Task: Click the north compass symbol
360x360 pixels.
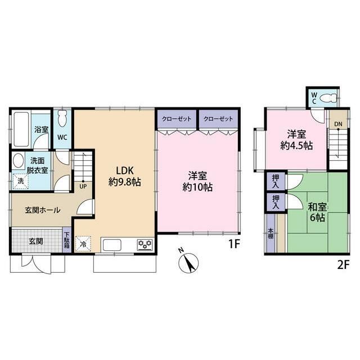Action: [188, 263]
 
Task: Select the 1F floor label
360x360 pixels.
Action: [234, 244]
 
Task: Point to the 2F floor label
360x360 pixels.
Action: [343, 265]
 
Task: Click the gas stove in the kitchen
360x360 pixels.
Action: [145, 245]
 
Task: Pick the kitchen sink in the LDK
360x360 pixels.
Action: [112, 245]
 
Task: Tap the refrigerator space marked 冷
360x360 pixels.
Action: [83, 244]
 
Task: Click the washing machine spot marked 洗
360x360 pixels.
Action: [21, 181]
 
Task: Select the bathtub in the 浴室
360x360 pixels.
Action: [21, 129]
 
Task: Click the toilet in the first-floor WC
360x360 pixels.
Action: [62, 118]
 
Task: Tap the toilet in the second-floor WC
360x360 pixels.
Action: [327, 98]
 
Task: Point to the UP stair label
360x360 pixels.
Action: [83, 186]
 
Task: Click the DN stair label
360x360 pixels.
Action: [338, 124]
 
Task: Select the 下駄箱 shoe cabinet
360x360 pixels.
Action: [67, 240]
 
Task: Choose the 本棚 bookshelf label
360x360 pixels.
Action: [271, 233]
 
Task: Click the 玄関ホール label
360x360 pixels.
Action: [43, 210]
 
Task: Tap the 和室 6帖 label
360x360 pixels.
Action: [317, 212]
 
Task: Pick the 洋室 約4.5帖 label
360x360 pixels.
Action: [296, 140]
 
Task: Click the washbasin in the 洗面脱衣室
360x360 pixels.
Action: [19, 160]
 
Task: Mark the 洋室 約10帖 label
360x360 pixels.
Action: [197, 182]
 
